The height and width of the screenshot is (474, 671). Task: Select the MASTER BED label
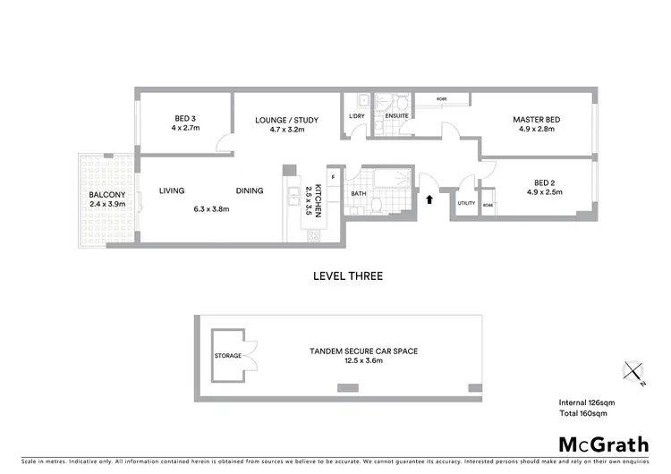534,119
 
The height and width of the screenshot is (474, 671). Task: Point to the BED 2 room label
536,182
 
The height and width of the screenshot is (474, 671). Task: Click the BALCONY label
106,195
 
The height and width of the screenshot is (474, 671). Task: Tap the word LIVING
172,190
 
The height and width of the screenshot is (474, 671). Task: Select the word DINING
250,190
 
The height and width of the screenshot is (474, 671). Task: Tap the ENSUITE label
396,116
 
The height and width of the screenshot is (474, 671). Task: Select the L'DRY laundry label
357,116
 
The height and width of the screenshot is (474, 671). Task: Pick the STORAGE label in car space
227,356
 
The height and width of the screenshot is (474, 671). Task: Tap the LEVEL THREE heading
347,276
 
